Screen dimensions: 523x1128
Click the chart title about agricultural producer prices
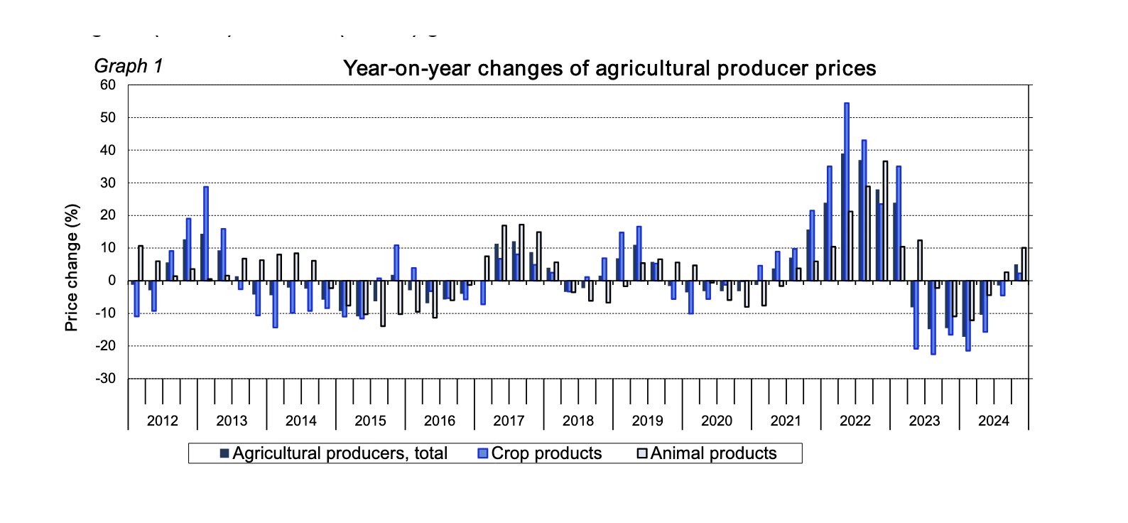(609, 68)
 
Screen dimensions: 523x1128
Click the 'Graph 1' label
(129, 66)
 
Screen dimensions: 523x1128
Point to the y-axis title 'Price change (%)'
(72, 268)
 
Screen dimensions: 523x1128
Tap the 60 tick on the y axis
(108, 85)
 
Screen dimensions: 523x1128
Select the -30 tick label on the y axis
(106, 379)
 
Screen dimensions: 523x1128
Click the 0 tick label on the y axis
(112, 281)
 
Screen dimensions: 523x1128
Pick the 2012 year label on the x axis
(162, 421)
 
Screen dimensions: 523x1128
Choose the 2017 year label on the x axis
(509, 421)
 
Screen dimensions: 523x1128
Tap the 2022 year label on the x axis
(855, 421)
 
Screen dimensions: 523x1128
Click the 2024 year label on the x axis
(993, 421)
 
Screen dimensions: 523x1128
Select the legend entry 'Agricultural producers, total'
(334, 453)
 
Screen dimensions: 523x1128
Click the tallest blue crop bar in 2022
(847, 192)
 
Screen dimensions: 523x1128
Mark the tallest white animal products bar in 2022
(885, 221)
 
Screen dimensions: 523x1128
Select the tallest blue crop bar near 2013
(206, 234)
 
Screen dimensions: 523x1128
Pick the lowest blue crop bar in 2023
(933, 317)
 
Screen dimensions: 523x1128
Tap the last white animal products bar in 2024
(1024, 264)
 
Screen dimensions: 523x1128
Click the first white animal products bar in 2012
(141, 264)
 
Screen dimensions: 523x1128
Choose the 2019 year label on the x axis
(647, 421)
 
